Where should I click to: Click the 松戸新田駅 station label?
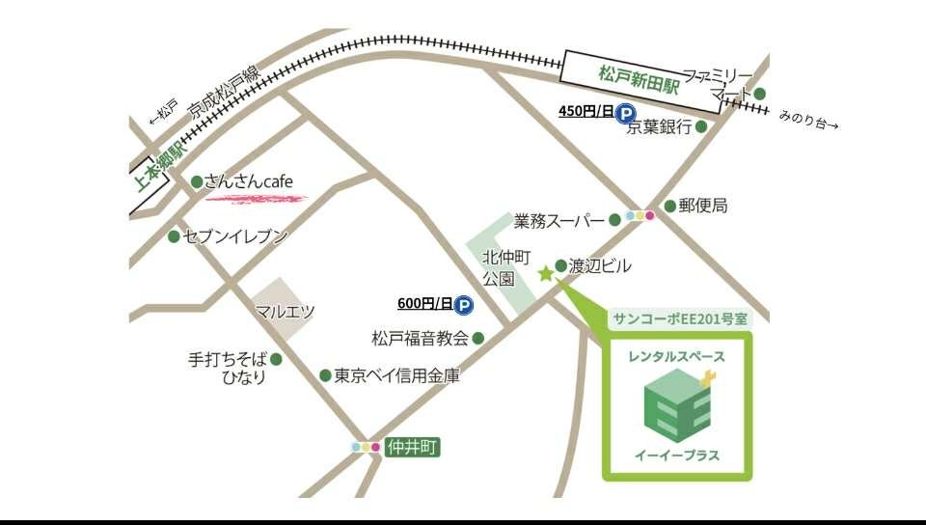(639, 77)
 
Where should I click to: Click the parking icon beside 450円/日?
(626, 112)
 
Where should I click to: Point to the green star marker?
(546, 273)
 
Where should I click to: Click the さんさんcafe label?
(248, 181)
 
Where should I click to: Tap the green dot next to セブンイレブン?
(174, 236)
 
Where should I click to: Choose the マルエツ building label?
(286, 311)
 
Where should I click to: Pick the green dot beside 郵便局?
(669, 206)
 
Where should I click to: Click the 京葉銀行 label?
(660, 126)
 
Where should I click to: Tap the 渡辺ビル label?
(600, 265)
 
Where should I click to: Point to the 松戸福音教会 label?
(421, 338)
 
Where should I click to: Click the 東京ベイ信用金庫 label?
(396, 375)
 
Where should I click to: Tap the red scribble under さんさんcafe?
(256, 199)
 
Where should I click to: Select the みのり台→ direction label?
(808, 124)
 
